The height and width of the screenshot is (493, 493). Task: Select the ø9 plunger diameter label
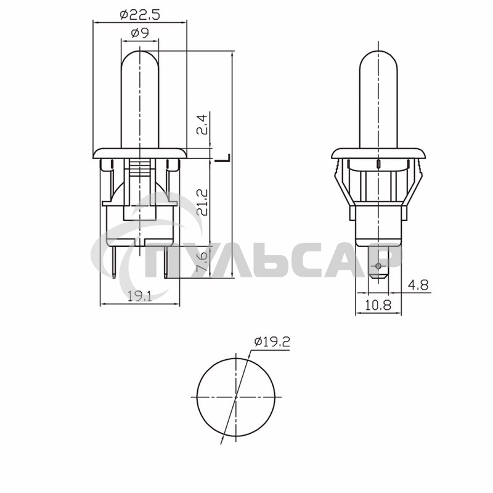tap(140, 34)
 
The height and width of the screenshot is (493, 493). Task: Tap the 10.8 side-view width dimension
tap(378, 304)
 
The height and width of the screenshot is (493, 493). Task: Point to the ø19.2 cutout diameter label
tap(271, 343)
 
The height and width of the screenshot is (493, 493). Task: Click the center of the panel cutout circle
tap(236, 397)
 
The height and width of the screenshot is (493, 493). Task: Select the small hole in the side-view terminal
tap(378, 266)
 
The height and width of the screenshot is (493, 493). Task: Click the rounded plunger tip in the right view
tap(376, 59)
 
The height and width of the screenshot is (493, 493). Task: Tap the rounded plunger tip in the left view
tap(140, 59)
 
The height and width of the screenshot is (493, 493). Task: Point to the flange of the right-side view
tap(377, 152)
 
